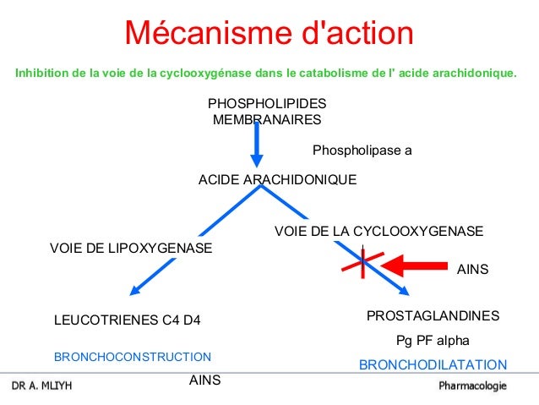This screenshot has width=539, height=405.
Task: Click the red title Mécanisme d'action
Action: coord(269,34)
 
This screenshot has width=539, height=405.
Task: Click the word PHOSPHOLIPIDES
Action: coord(267,103)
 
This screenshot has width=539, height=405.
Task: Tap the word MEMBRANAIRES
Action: coord(267,120)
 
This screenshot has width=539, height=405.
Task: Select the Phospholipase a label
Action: coord(362,151)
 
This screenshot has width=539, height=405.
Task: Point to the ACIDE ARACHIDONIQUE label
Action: coord(277,180)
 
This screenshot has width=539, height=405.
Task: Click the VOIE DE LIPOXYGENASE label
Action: coord(131,248)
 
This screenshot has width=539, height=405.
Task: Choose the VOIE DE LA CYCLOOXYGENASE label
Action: coord(379,231)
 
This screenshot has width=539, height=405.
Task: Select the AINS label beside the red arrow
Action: coord(472,270)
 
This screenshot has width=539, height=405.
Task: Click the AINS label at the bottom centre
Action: coord(204,380)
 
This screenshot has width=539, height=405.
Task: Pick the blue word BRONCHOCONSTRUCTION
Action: coord(133,357)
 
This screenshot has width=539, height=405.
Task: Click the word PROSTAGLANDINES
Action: coord(433,315)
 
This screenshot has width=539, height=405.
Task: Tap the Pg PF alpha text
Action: coord(433,341)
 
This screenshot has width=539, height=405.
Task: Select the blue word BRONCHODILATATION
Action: coord(433,365)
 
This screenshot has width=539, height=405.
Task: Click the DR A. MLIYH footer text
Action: coord(41,386)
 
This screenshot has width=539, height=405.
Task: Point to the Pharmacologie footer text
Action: coord(472,386)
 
